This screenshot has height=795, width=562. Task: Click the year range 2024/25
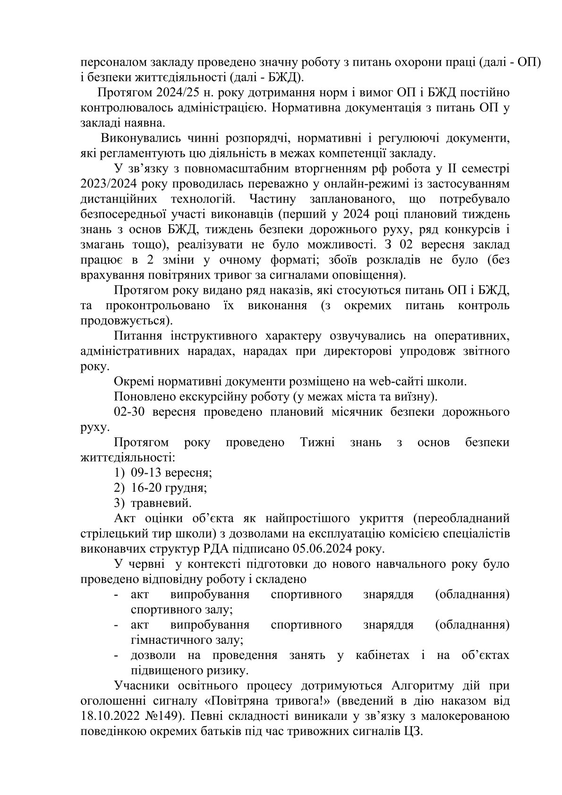click(x=166, y=94)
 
